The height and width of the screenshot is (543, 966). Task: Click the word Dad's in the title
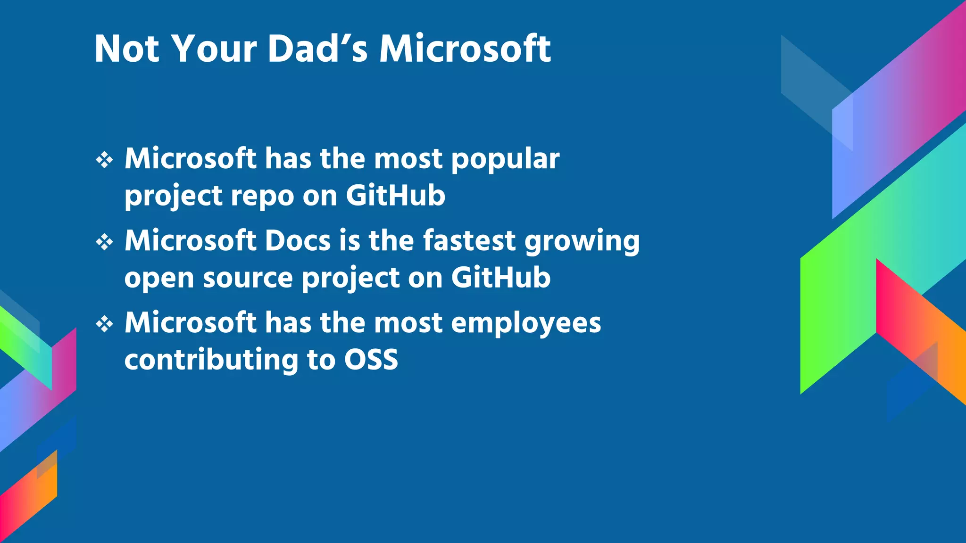click(317, 49)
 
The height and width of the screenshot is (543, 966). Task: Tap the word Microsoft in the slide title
click(465, 49)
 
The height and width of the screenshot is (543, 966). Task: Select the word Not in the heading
click(127, 49)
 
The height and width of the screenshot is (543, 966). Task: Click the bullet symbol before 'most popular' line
click(104, 160)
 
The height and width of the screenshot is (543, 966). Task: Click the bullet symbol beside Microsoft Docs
click(104, 242)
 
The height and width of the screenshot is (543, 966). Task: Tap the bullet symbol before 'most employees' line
click(104, 324)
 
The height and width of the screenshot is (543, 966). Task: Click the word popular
click(505, 159)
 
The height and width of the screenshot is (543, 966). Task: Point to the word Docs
click(298, 241)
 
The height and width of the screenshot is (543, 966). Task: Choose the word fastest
click(469, 241)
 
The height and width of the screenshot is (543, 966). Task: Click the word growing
click(582, 242)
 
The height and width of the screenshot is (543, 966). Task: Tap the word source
click(248, 278)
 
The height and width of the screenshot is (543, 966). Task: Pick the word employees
click(526, 323)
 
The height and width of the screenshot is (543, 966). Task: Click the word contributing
click(211, 360)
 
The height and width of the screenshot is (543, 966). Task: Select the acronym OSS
click(371, 360)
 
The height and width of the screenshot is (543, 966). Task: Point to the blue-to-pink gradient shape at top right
click(896, 118)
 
